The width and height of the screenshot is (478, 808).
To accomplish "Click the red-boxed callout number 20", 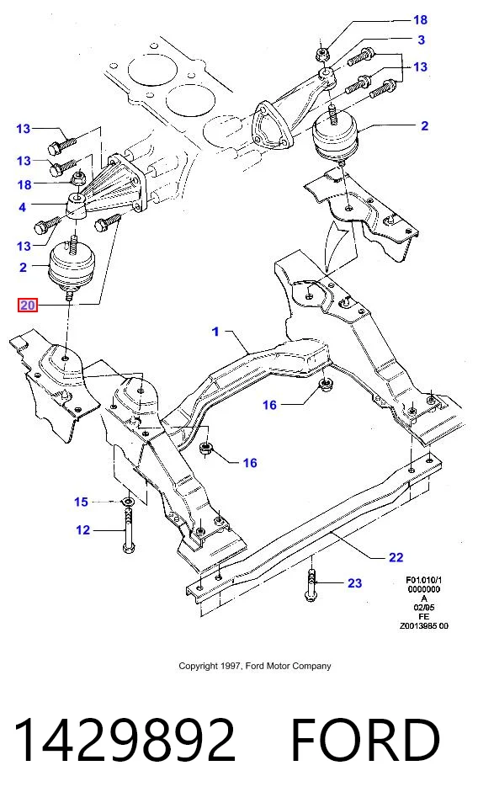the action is click(x=27, y=305).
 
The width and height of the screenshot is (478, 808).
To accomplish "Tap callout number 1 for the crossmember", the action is click(x=215, y=332).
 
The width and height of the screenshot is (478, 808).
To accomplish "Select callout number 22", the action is click(x=396, y=557).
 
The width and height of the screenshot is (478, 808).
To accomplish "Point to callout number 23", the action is click(x=354, y=582).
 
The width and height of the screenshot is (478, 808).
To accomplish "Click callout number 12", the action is click(x=83, y=529).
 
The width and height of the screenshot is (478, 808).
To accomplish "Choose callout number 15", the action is click(x=81, y=502).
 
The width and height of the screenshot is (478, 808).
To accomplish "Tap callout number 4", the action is click(x=22, y=207).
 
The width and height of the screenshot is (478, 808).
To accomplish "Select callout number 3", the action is click(x=422, y=40).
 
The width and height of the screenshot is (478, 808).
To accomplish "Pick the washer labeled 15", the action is click(x=127, y=501).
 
